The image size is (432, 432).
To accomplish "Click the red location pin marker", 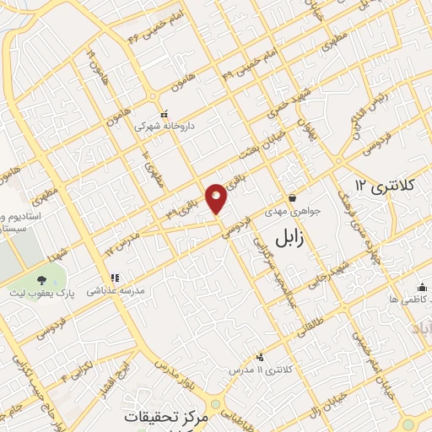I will [x=217, y=198].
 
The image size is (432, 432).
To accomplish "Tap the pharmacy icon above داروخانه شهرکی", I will [x=164, y=113].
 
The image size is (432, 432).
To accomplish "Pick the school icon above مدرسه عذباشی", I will [x=114, y=277].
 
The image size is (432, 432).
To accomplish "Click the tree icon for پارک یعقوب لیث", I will [x=41, y=279].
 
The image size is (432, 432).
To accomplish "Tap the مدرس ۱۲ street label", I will [x=122, y=246].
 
